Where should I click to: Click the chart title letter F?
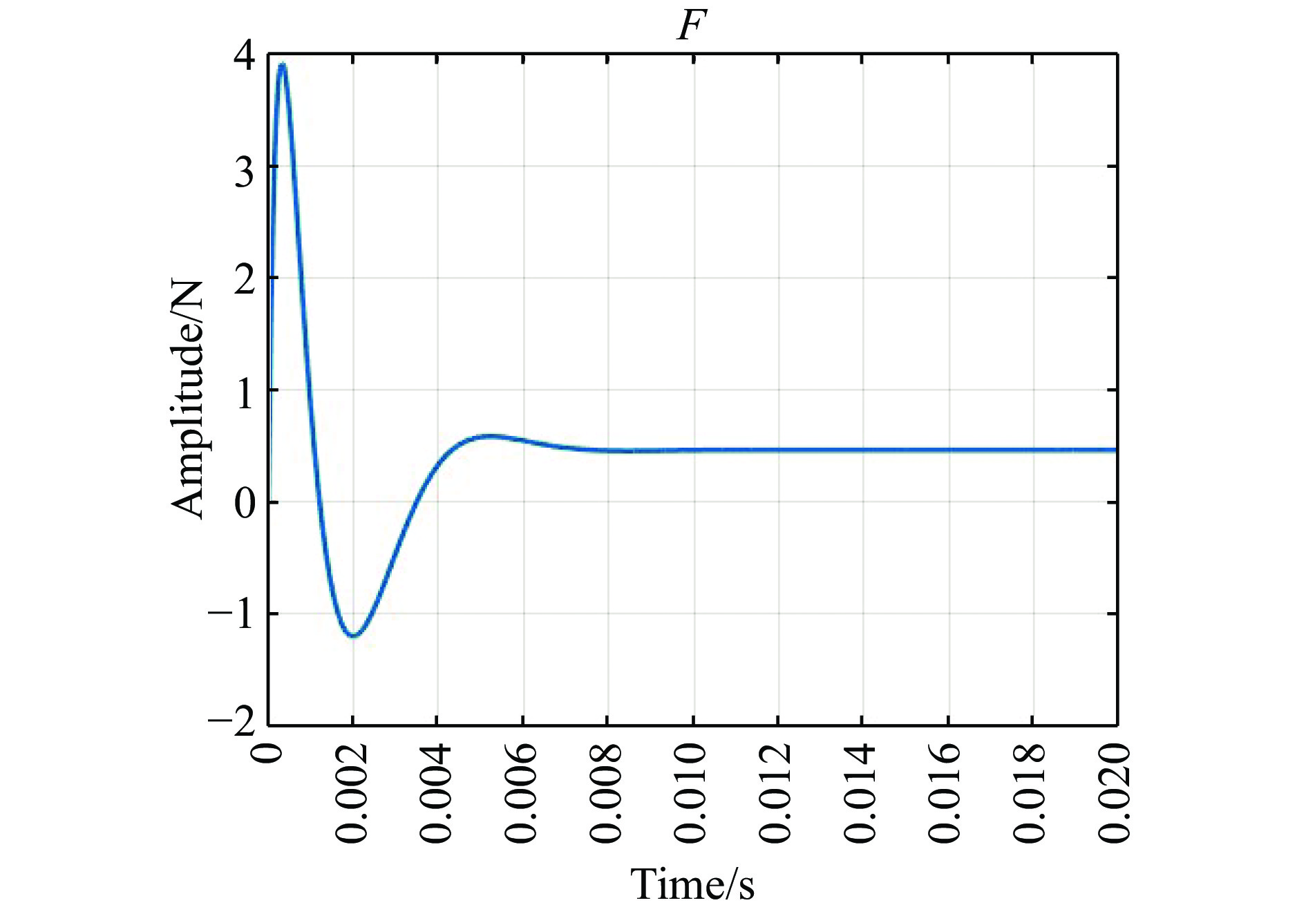[692, 26]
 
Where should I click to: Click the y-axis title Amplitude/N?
[188, 399]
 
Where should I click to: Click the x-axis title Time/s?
[692, 884]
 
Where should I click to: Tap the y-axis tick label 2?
[244, 280]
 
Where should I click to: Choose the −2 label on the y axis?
[231, 724]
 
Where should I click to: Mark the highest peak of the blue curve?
[282, 65]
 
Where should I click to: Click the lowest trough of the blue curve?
[353, 635]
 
